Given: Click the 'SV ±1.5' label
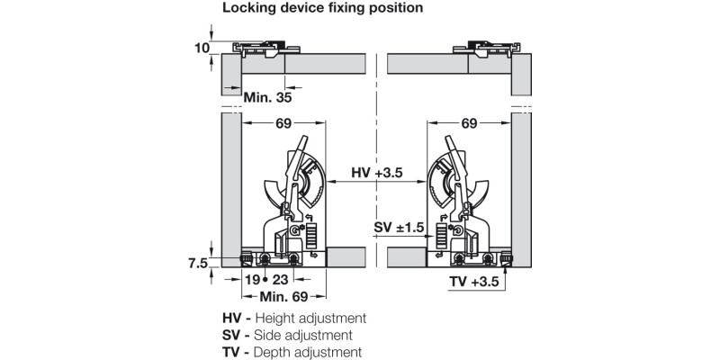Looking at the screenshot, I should (x=399, y=229).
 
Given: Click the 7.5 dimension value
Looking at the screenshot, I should (x=199, y=263).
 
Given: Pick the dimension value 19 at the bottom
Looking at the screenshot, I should (x=253, y=280).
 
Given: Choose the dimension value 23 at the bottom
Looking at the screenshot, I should (x=280, y=280).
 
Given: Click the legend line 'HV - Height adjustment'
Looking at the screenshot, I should (x=293, y=318).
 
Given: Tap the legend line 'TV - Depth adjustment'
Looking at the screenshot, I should (x=292, y=352).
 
